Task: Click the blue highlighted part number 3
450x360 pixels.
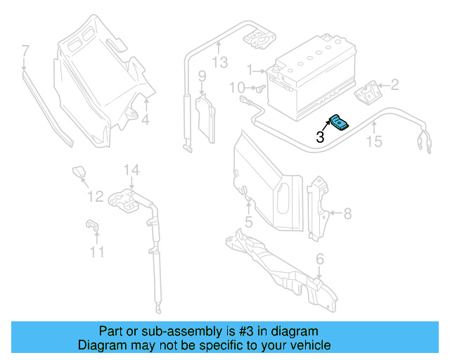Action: pyautogui.click(x=339, y=123)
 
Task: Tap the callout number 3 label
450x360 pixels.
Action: pyautogui.click(x=320, y=138)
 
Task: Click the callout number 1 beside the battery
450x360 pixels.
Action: pyautogui.click(x=249, y=70)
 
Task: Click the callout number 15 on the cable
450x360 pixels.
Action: pyautogui.click(x=374, y=142)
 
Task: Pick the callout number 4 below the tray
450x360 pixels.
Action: pyautogui.click(x=145, y=120)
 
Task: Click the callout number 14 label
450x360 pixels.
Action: pyautogui.click(x=132, y=169)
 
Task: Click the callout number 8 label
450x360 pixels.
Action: pyautogui.click(x=347, y=213)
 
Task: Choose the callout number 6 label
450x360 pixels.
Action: pyautogui.click(x=320, y=259)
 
